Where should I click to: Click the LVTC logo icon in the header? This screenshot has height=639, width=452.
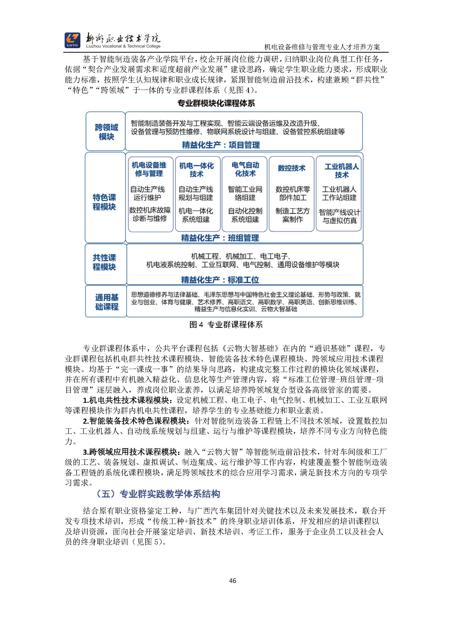point(72,40)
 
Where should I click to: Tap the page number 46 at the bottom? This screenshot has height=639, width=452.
point(232,580)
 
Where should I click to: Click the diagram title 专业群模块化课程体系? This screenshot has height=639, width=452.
point(216,104)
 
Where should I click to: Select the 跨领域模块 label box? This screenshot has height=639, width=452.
point(106,132)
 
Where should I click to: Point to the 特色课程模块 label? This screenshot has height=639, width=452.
point(104,202)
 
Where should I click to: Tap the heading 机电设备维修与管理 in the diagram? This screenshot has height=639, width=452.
point(149,169)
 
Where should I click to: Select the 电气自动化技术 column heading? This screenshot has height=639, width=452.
point(245,169)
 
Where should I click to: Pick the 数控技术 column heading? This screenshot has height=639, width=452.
point(291,168)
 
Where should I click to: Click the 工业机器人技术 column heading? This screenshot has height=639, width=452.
point(341,171)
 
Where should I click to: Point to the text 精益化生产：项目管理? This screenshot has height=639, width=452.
point(221,145)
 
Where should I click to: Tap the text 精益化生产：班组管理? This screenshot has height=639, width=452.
point(220,238)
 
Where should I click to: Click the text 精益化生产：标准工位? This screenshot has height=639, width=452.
point(220,280)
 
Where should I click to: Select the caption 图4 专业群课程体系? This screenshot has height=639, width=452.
point(226,325)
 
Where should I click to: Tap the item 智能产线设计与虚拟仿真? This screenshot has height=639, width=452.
point(339,217)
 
